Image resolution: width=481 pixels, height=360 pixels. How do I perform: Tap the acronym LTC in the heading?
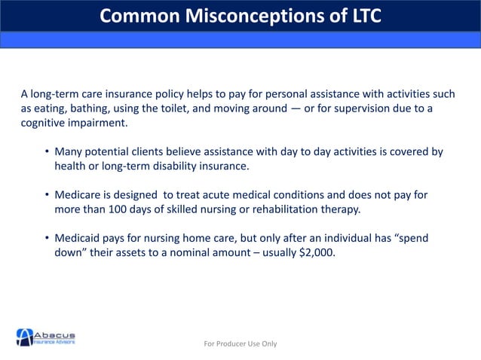point(361,15)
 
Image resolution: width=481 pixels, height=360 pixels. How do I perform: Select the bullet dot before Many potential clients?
point(47,152)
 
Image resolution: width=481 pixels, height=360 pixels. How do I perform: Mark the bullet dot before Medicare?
point(47,195)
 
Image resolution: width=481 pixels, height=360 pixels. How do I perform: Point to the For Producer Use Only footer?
point(240,343)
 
